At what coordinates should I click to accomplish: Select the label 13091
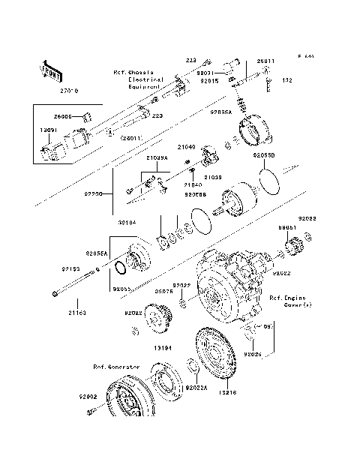[x=48, y=130]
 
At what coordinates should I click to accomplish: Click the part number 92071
[x=206, y=73]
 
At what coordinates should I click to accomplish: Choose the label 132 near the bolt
[x=286, y=79]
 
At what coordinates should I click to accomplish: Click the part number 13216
[x=227, y=392]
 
